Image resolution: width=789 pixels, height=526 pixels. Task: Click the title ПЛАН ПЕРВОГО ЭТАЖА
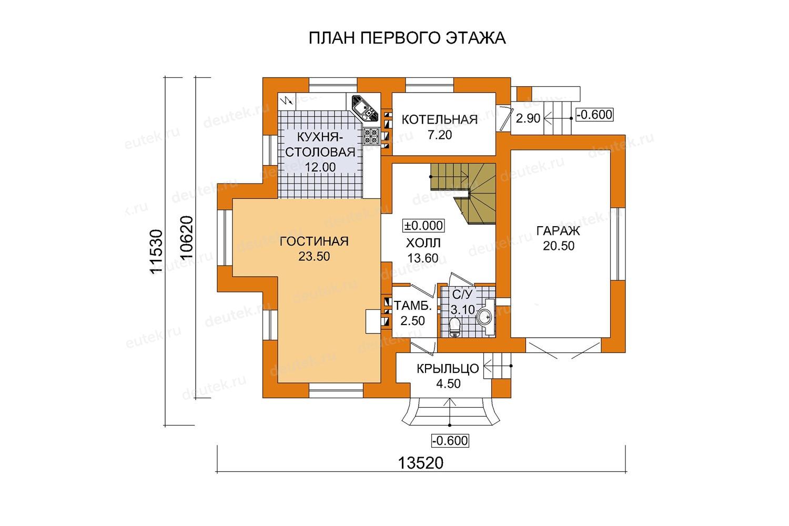[x=407, y=38]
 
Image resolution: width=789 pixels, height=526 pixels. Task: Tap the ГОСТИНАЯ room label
[x=314, y=241]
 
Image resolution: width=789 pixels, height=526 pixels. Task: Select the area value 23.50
[x=314, y=257]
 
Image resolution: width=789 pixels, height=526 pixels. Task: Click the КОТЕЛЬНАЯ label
[x=440, y=120]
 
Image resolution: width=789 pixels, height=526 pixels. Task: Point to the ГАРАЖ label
[x=558, y=231]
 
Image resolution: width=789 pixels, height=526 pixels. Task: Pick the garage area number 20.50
[x=559, y=246]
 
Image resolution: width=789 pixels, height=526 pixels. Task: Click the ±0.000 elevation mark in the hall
[x=423, y=226]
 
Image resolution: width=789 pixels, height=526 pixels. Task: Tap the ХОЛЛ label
[x=423, y=243]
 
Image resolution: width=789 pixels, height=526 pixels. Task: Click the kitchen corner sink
[x=365, y=107]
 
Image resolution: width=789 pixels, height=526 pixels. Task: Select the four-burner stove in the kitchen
[x=371, y=136]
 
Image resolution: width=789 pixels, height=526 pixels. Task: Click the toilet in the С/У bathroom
[x=455, y=327]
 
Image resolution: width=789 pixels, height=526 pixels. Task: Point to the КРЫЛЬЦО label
[x=448, y=369]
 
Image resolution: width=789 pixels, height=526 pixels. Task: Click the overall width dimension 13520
[x=421, y=463]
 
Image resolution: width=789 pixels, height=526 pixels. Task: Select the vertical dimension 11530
[x=156, y=251]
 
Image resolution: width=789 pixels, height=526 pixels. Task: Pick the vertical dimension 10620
[x=187, y=237]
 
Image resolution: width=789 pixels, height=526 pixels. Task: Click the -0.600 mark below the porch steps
[x=450, y=441]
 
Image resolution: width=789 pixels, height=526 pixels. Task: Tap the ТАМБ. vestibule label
[x=412, y=306]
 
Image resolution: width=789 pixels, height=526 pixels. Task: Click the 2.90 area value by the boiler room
[x=528, y=118]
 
